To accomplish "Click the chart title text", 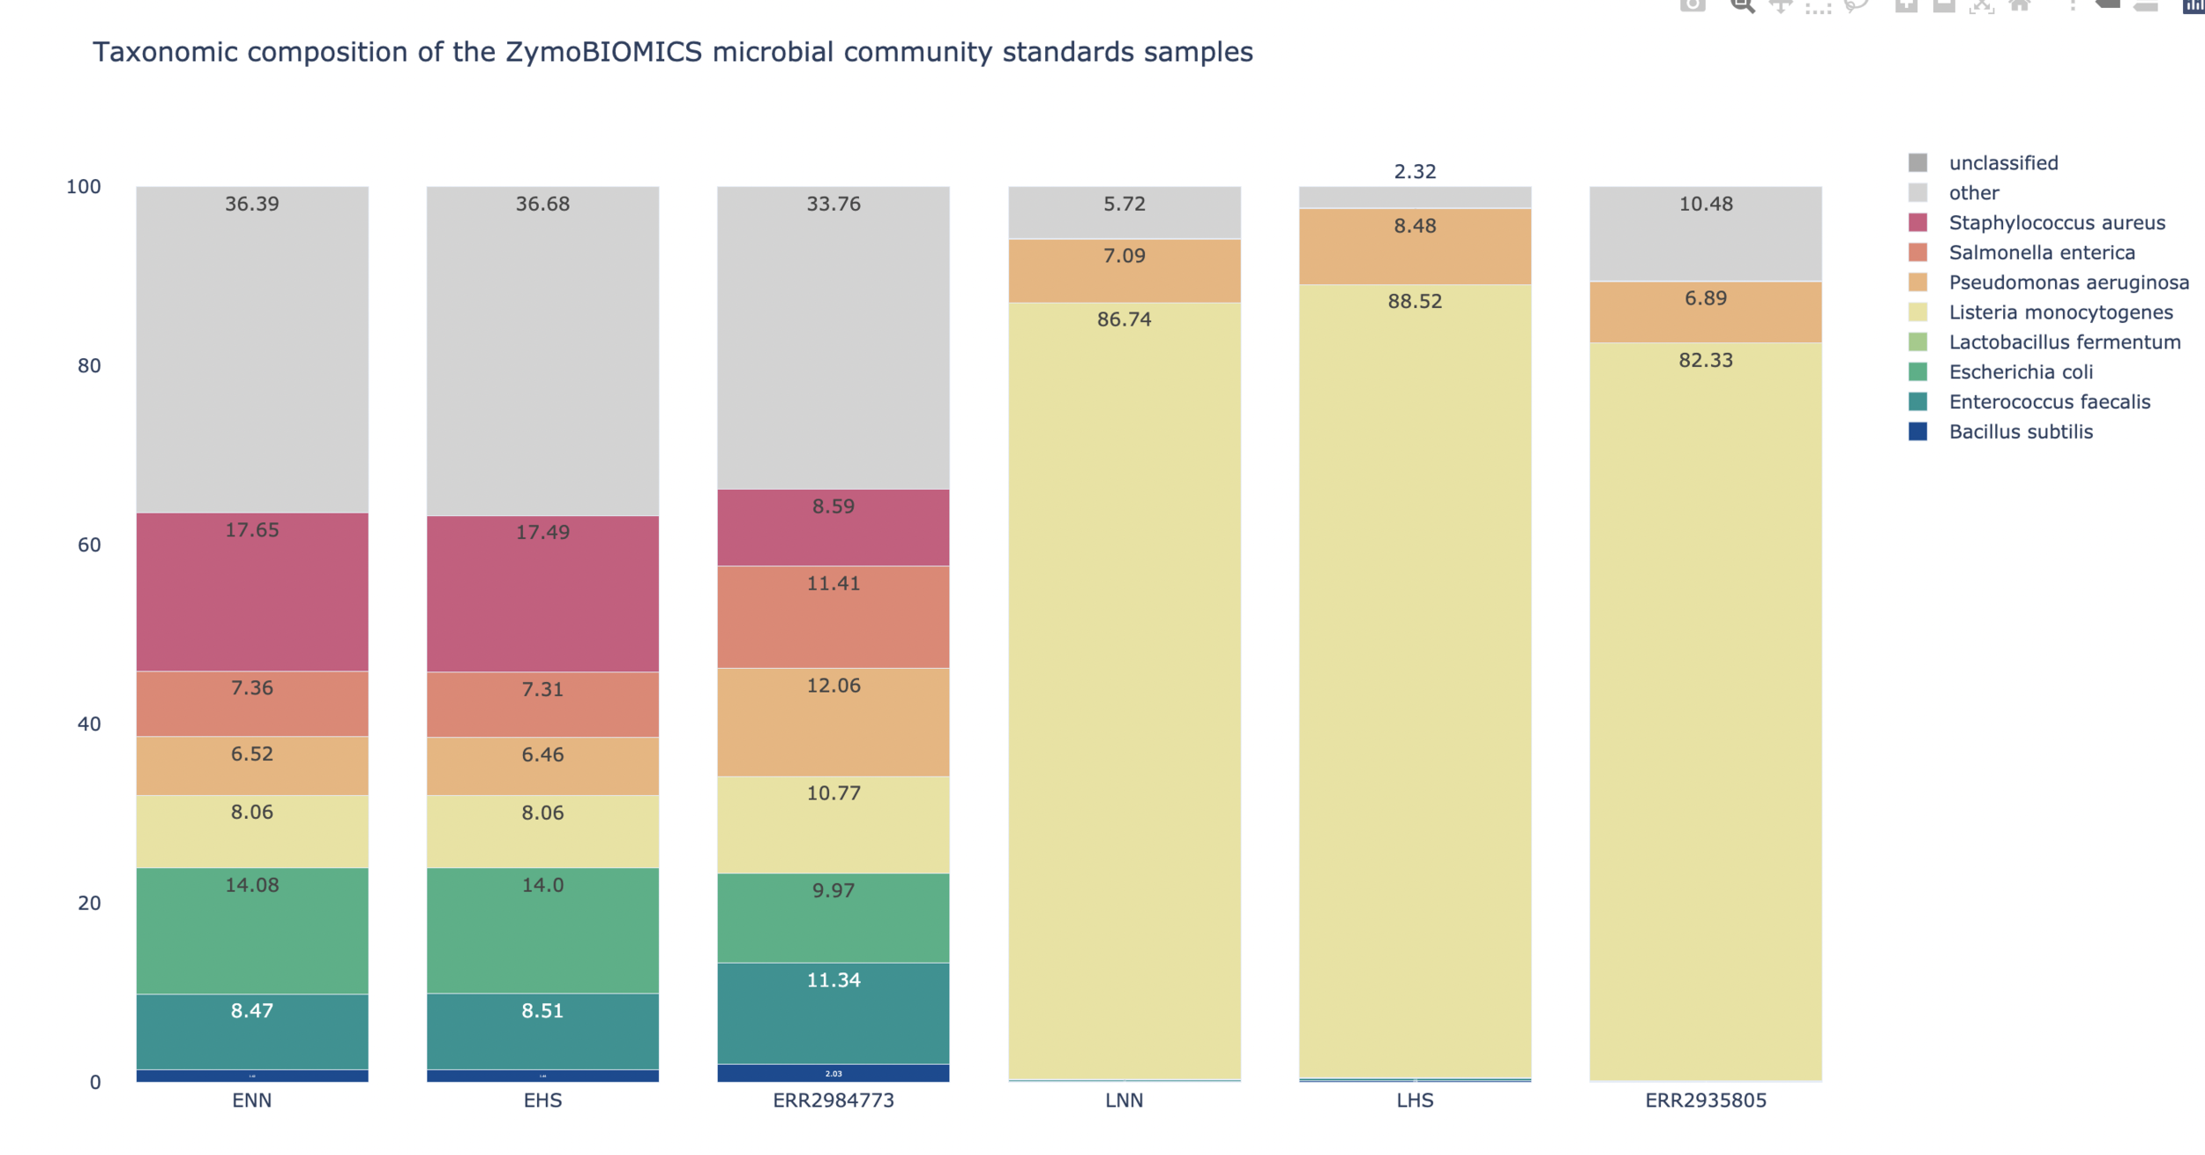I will [672, 52].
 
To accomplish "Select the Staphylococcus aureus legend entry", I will [2056, 222].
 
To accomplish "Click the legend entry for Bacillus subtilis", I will [2020, 431].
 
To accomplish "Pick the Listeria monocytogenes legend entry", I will [2059, 312].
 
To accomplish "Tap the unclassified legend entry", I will [2002, 163].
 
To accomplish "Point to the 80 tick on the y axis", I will [89, 365].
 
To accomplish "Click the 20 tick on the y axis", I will [89, 903].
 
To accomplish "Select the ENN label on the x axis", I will [252, 1100].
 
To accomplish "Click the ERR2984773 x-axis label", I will [833, 1100].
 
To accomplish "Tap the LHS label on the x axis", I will [1415, 1100].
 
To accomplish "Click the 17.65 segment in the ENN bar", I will [252, 591].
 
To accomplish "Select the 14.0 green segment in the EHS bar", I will [542, 931].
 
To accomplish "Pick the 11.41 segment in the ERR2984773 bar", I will [833, 617].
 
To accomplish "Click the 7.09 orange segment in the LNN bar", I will [1125, 271].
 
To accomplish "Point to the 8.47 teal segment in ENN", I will [252, 1031].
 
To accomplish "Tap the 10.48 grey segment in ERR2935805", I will [1706, 234].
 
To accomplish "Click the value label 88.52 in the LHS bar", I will [1415, 301].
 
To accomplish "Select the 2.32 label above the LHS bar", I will [1415, 171].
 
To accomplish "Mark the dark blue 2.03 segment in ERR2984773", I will [833, 1073].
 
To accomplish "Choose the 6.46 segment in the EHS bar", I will [542, 766].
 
